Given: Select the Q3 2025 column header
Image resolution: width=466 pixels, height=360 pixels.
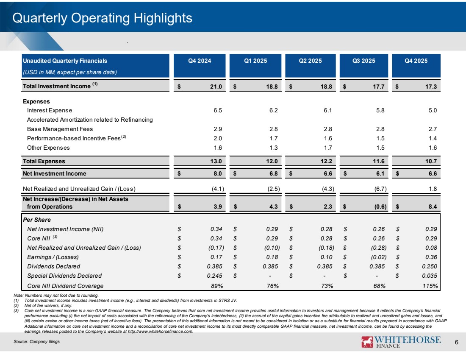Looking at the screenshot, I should click(x=363, y=61).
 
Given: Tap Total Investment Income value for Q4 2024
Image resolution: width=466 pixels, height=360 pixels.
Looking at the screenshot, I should click(x=216, y=87).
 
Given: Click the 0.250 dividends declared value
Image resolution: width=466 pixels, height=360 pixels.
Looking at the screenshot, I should click(x=428, y=267).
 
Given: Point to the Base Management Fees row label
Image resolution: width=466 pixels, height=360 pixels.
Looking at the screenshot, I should click(x=60, y=129).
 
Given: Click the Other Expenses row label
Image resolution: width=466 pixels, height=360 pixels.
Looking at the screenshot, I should click(x=48, y=148).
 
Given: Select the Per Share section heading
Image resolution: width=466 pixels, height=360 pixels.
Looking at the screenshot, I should click(x=36, y=220).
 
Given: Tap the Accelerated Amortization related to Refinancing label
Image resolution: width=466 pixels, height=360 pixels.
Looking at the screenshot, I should click(x=89, y=120).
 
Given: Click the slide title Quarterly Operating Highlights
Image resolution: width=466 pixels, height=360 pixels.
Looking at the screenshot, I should click(x=102, y=18).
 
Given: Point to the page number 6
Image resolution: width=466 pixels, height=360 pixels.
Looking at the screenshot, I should click(x=456, y=343).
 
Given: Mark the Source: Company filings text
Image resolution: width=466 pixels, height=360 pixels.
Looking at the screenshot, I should click(x=42, y=343).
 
